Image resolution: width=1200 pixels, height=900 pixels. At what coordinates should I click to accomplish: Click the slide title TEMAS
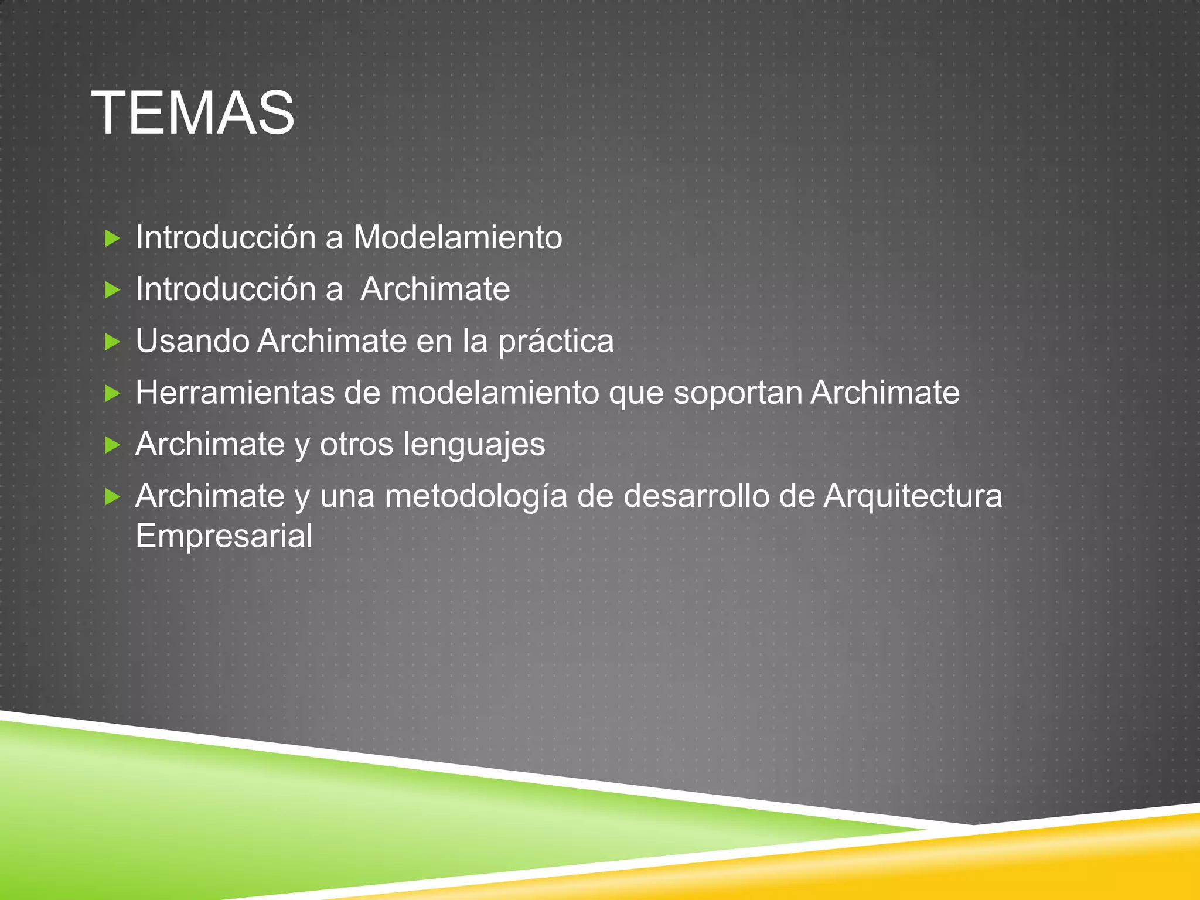[193, 113]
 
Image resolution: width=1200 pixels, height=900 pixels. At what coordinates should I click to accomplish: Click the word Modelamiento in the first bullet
[457, 238]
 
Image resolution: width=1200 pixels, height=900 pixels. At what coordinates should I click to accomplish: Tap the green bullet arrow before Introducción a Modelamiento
[112, 238]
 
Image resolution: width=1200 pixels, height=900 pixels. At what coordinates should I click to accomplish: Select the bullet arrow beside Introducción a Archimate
[112, 289]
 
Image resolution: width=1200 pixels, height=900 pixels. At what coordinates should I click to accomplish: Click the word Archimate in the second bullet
[435, 289]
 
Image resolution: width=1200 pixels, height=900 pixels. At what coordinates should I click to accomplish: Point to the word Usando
[193, 341]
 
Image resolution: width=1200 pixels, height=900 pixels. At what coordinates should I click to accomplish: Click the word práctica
[555, 341]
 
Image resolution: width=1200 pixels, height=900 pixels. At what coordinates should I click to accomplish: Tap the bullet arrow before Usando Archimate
[112, 342]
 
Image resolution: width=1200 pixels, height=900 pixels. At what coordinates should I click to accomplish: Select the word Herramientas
[234, 393]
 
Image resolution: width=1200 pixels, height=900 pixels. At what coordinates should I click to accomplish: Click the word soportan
[738, 393]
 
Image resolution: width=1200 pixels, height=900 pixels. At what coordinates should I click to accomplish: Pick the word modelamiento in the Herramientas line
[495, 393]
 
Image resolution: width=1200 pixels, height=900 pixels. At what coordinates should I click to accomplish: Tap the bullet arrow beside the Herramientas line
[112, 393]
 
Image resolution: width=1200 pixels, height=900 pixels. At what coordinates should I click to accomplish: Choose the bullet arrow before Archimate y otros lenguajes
[112, 445]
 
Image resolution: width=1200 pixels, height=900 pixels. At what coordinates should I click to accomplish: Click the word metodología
[476, 497]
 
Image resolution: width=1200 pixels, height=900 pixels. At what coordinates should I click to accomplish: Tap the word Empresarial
[224, 536]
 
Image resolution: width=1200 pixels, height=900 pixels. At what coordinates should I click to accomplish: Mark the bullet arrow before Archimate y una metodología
[112, 497]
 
